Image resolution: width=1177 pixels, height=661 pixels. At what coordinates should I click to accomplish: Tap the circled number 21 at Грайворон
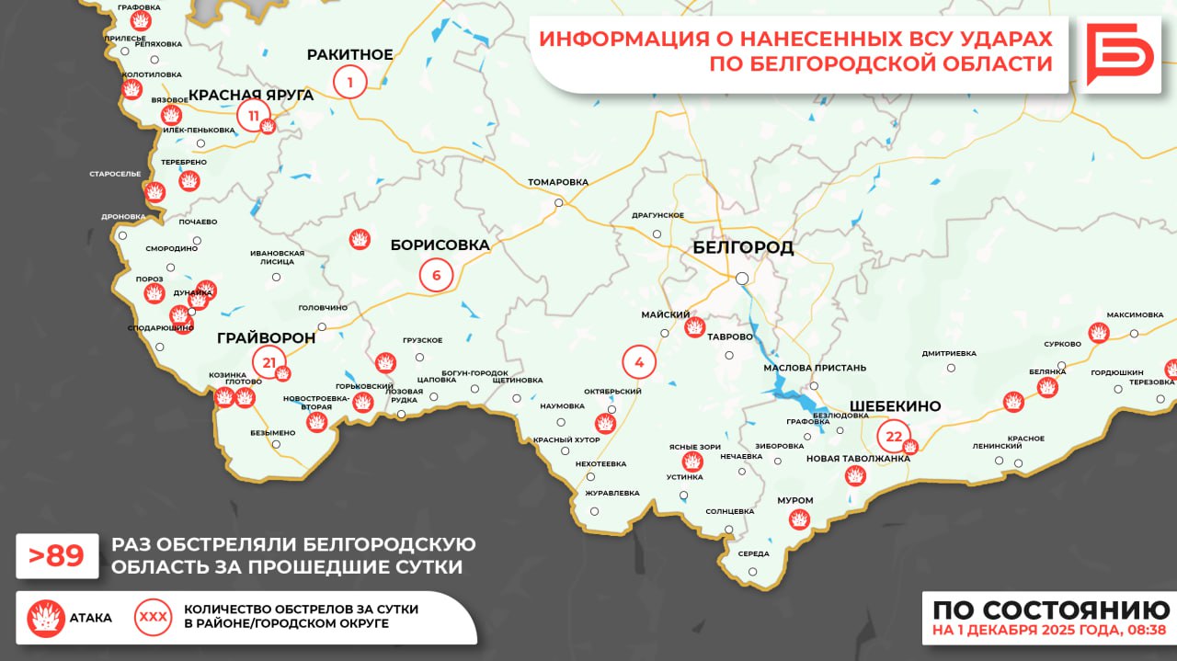coord(269,362)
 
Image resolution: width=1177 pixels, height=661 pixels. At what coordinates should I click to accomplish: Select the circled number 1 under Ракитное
coord(349,83)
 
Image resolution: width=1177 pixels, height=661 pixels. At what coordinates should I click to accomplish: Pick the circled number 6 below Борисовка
coord(436,275)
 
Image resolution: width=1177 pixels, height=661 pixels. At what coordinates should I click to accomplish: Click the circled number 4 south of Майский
coord(639,361)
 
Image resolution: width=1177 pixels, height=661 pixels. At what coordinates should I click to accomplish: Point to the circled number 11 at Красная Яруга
coord(253,116)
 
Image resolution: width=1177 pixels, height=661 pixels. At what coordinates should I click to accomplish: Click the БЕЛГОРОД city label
coord(742,248)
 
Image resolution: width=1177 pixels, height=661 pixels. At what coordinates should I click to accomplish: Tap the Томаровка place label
coord(558,182)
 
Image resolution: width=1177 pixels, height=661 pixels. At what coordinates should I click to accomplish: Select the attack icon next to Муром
coord(799,519)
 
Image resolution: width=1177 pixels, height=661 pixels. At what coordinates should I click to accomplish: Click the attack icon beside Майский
coord(694,326)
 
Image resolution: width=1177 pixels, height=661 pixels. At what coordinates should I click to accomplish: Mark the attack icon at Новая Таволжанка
coord(855,476)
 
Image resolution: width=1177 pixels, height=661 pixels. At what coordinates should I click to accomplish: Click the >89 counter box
coord(57,556)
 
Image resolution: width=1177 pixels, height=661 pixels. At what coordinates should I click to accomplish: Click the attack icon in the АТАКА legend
coord(45,618)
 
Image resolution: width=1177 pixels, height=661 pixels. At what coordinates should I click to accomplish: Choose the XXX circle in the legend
coord(153,618)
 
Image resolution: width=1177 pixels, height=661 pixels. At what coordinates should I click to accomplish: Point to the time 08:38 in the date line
coord(1147,631)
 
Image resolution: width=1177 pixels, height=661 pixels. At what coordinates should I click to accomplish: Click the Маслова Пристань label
coord(815,368)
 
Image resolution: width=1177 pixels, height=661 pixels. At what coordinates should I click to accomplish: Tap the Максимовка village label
coord(1135,314)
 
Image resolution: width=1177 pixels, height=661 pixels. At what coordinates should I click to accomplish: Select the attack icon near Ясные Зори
coord(691,462)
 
